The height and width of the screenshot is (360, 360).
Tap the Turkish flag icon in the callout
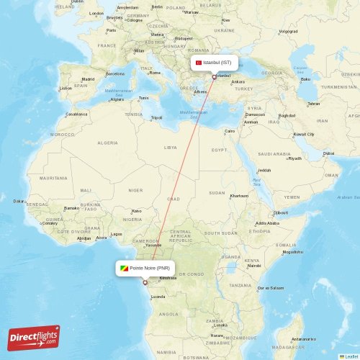pyautogui.click(x=199, y=63)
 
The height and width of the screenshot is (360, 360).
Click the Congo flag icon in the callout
pyautogui.click(x=125, y=268)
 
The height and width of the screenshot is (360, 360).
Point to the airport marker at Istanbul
pyautogui.click(x=214, y=76)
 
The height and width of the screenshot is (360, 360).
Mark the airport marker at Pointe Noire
pyautogui.click(x=145, y=282)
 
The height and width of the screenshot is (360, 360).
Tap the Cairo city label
pyautogui.click(x=230, y=131)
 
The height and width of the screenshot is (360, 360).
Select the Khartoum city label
pyautogui.click(x=238, y=196)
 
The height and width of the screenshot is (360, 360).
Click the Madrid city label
pyautogui.click(x=88, y=79)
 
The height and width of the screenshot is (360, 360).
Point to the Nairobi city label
pyautogui.click(x=254, y=265)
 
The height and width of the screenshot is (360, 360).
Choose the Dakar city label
pyautogui.click(x=18, y=201)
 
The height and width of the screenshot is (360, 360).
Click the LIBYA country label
pyautogui.click(x=171, y=147)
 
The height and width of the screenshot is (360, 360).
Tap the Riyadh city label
pyautogui.click(x=294, y=158)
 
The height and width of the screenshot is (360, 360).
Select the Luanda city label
pyautogui.click(x=158, y=296)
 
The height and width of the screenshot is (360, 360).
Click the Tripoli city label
pyautogui.click(x=156, y=117)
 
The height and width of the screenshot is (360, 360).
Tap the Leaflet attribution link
pyautogui.click(x=351, y=356)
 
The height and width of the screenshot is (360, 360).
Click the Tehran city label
pyautogui.click(x=314, y=103)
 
